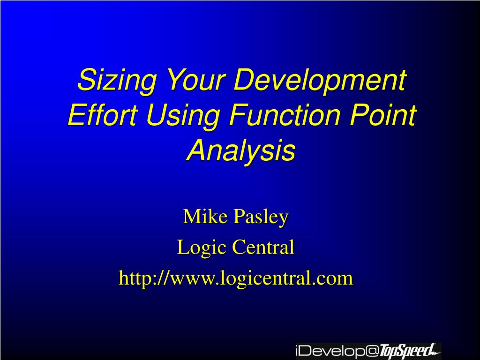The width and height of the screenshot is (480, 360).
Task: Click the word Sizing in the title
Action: point(116,80)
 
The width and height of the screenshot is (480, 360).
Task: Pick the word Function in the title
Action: point(285,114)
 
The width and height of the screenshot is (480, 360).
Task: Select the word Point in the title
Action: point(383,114)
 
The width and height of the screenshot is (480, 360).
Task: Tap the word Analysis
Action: point(241,150)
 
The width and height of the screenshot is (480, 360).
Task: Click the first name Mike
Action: point(205,216)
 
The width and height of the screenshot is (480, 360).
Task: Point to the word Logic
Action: point(202,247)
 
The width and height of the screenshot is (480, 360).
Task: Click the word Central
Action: point(263,247)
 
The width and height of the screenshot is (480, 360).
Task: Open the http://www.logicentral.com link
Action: point(236,278)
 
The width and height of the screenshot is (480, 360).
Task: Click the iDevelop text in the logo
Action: point(330,351)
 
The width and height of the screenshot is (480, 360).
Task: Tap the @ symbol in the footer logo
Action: point(373,351)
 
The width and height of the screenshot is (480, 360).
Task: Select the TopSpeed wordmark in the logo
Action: point(409,351)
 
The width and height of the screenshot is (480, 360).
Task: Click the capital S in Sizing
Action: point(87,79)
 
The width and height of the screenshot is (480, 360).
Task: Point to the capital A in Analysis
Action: point(198,150)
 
